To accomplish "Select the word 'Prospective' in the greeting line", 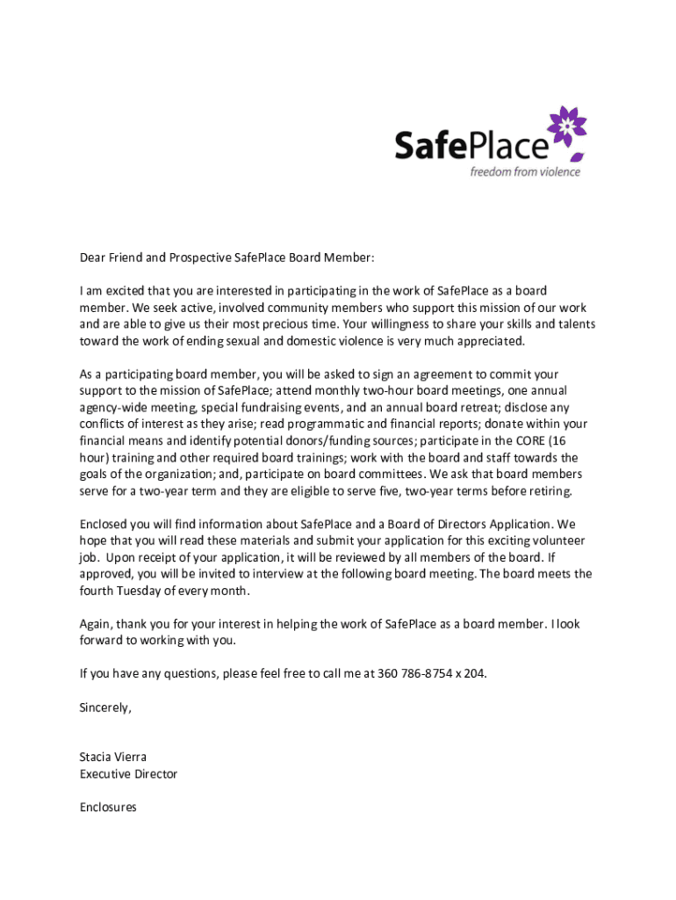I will point(199,258).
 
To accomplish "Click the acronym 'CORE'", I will point(533,440).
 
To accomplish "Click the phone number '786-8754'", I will point(426,674).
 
